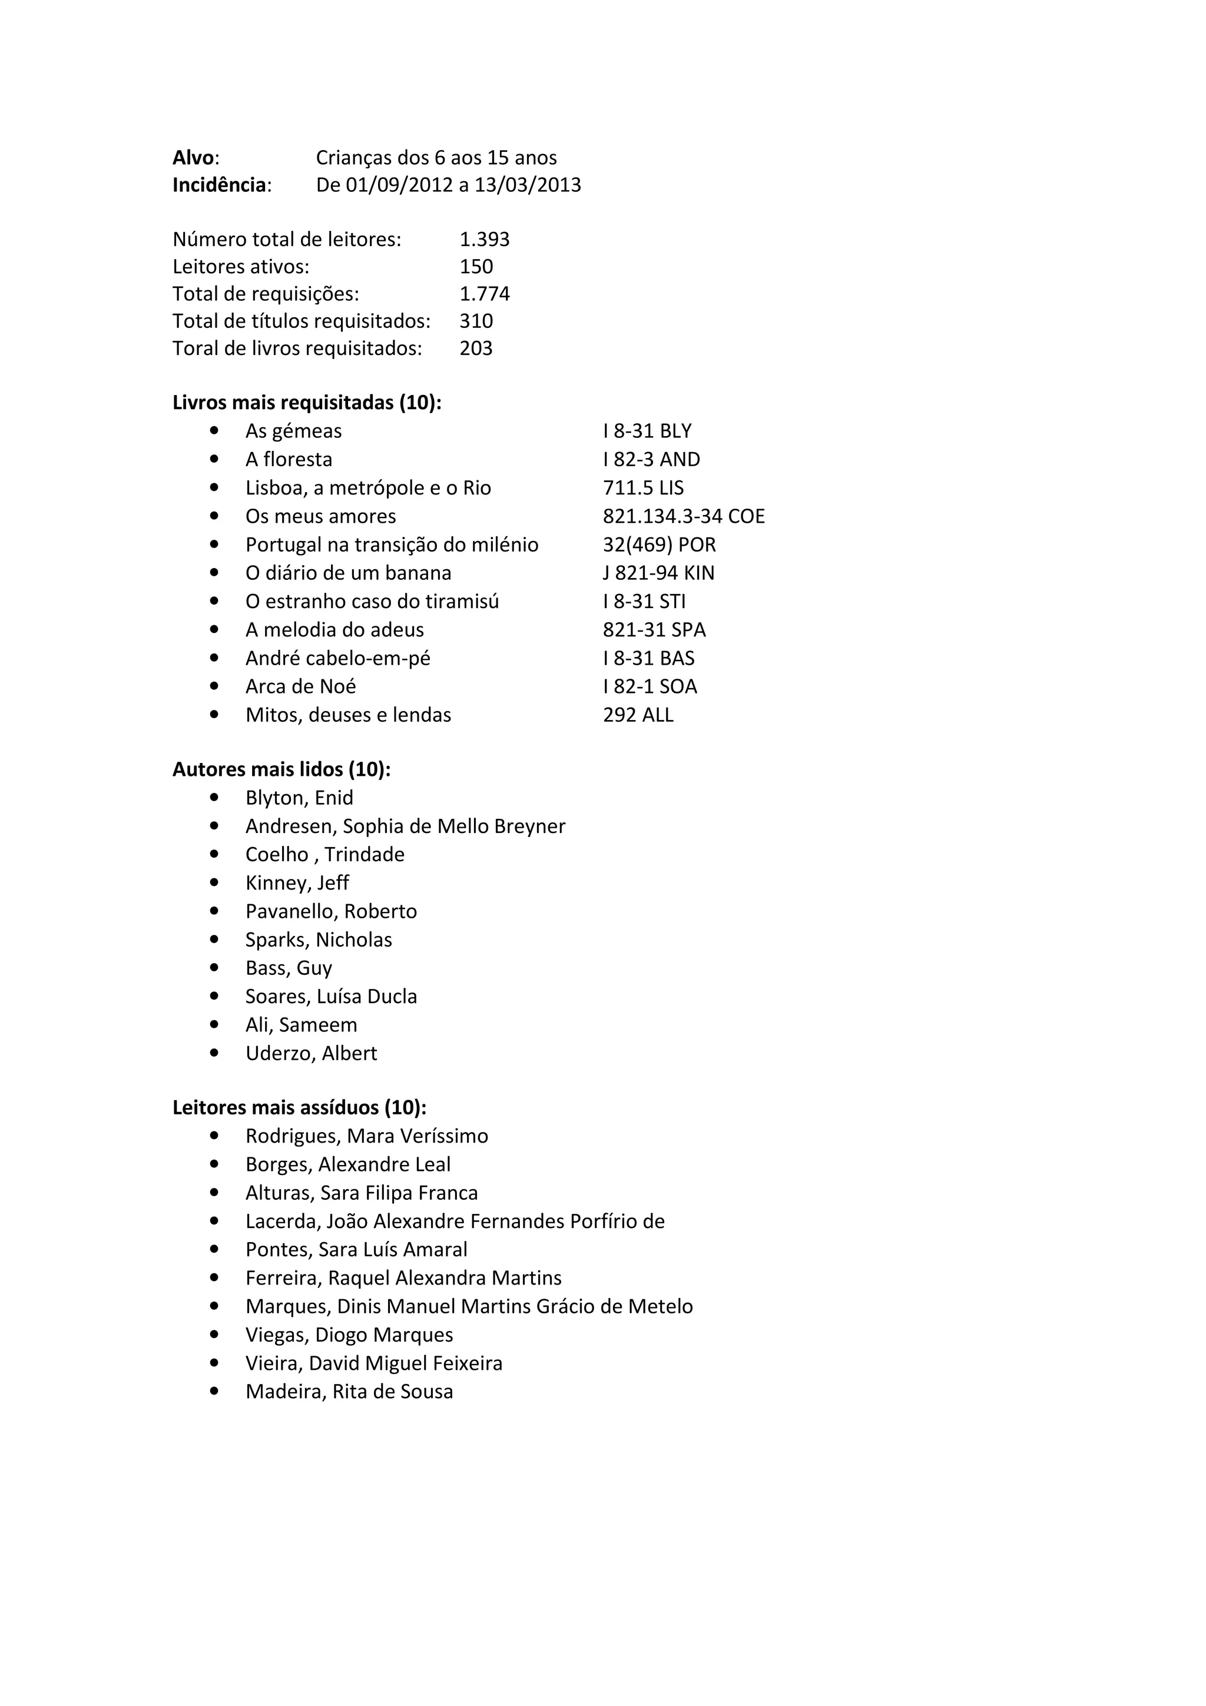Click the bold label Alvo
[194, 158]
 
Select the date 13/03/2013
[528, 185]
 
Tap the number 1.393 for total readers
[485, 239]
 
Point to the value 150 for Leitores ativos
[476, 267]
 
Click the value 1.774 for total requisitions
[485, 294]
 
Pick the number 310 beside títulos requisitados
[476, 321]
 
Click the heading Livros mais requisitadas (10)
[307, 403]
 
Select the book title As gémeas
[293, 431]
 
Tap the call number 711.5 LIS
[643, 488]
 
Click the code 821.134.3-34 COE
[684, 516]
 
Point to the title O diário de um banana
[348, 573]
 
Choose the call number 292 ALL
[638, 715]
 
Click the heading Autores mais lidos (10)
[281, 770]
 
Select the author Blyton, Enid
[300, 798]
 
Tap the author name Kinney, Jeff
[297, 882]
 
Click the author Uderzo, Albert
[312, 1054]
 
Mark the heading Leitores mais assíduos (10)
[300, 1108]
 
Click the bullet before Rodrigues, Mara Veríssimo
[214, 1136]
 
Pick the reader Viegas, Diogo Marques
[349, 1335]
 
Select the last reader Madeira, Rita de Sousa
[349, 1392]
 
